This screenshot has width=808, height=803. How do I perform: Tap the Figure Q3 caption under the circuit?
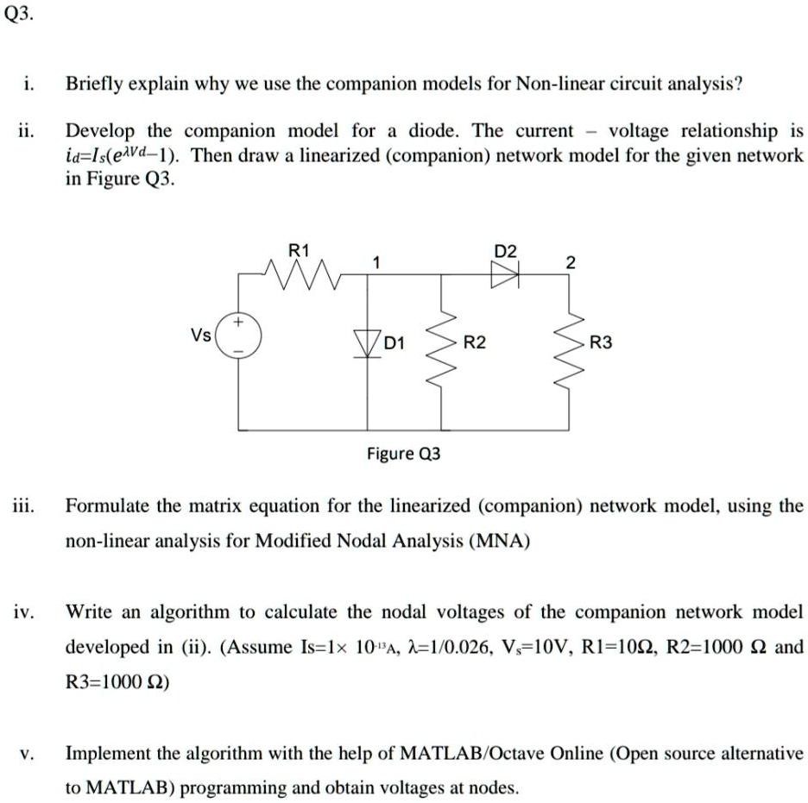pos(403,453)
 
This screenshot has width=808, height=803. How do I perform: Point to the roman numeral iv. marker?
pos(24,612)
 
